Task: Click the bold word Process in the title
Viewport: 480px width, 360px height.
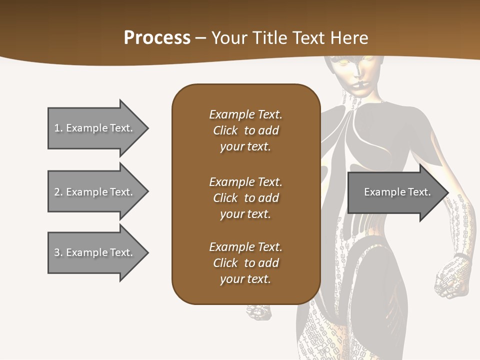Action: coord(157,38)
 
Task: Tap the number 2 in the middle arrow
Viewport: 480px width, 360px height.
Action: coord(57,192)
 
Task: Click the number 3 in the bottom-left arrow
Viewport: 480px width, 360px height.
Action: coord(57,252)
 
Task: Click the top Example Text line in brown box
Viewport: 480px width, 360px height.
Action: coord(245,114)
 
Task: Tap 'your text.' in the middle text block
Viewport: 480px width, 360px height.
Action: coord(245,214)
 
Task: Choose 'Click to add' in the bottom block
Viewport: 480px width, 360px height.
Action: coord(245,263)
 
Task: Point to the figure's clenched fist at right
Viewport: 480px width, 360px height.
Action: coord(452,277)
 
